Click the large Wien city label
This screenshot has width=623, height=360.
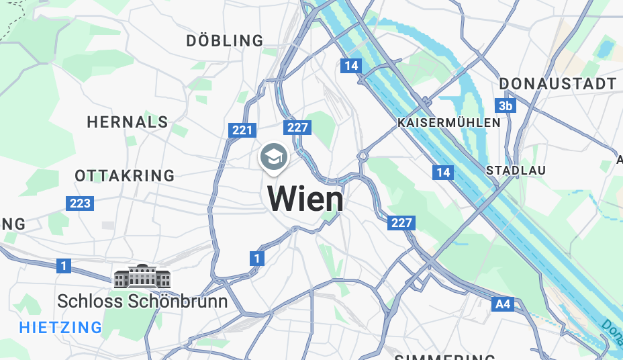click(305, 199)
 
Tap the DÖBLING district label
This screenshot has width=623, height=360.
click(225, 41)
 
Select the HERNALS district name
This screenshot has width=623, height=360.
click(128, 122)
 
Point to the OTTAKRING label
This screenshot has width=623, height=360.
click(125, 176)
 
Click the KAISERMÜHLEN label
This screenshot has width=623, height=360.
click(449, 123)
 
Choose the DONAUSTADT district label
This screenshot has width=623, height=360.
click(557, 84)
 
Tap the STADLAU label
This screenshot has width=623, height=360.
click(516, 171)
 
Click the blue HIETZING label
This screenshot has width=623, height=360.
click(60, 328)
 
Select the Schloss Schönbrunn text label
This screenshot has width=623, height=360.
click(142, 302)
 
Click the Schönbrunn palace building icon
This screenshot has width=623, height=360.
click(142, 277)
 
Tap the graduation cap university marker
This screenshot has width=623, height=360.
click(274, 157)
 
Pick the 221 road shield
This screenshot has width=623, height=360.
click(242, 130)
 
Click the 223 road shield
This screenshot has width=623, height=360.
click(80, 203)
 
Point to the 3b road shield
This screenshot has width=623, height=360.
click(506, 106)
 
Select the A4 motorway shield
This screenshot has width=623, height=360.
click(502, 304)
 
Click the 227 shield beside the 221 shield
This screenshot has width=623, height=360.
click(297, 128)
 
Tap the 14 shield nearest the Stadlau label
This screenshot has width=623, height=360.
click(442, 173)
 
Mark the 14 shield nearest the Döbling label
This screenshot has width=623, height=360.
click(350, 66)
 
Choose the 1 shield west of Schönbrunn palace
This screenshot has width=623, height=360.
click(63, 267)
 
